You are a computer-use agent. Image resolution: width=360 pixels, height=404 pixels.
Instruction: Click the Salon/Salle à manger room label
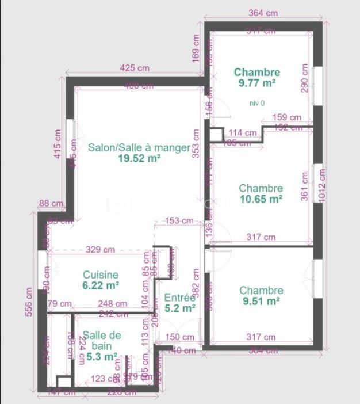139,147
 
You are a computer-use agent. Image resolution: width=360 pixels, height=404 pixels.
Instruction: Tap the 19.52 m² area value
139,158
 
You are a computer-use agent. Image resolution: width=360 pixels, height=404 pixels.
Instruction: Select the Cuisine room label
101,275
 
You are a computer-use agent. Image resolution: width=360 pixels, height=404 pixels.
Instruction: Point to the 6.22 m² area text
101,285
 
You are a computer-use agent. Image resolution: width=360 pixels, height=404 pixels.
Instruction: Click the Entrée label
180,298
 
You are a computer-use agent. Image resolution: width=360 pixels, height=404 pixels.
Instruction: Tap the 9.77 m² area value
256,83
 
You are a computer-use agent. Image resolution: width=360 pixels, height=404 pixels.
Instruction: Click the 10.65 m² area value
261,199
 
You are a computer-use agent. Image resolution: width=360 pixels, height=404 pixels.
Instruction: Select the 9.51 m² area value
261,301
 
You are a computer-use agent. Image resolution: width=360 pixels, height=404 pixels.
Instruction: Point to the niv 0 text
257,103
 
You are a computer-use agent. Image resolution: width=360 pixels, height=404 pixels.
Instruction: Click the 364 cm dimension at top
263,13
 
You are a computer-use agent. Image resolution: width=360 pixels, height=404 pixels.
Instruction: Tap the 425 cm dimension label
135,68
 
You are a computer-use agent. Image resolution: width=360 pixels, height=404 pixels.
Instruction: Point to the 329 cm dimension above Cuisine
101,250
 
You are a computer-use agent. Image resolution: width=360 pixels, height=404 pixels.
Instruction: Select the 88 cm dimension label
51,203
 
